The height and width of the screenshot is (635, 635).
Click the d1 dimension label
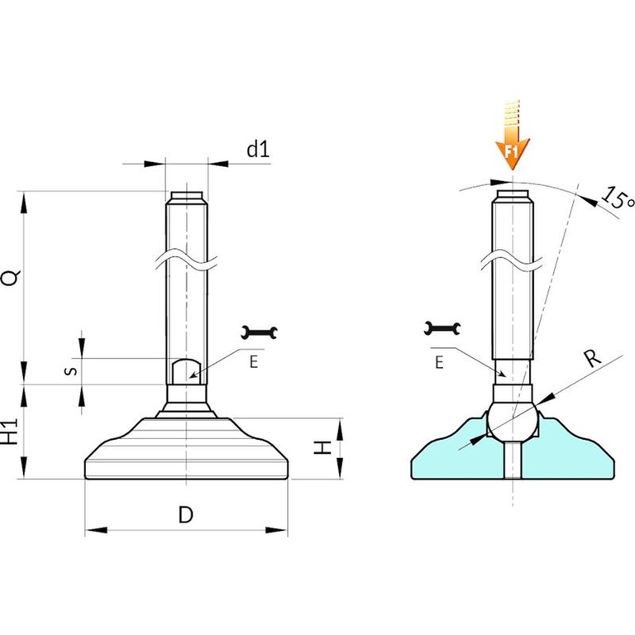click(258, 150)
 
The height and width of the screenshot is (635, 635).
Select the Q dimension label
click(12, 278)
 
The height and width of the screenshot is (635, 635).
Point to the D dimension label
click(186, 515)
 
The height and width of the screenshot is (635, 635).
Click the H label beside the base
click(322, 448)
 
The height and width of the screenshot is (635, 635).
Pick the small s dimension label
click(71, 370)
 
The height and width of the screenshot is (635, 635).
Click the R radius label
click(592, 357)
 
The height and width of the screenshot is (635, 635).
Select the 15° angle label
click(617, 198)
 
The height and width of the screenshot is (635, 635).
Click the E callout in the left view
click(254, 361)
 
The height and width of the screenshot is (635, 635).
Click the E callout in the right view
click(439, 362)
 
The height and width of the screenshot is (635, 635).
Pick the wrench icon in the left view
click(259, 332)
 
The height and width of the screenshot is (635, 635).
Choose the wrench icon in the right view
click(442, 328)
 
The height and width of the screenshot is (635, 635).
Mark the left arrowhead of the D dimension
click(97, 530)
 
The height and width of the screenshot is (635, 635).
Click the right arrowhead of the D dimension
click(276, 530)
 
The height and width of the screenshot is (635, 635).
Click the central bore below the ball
click(513, 460)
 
